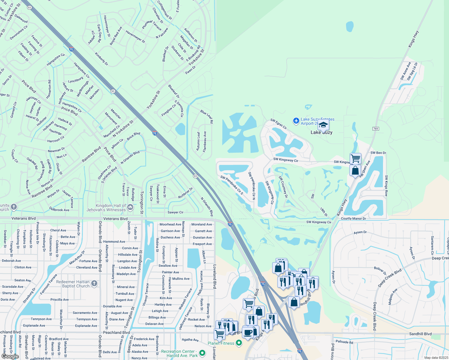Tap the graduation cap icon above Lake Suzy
(x=323, y=125)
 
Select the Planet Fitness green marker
(x=239, y=343)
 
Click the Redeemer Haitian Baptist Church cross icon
(x=94, y=283)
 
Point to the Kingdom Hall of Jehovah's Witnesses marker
(x=130, y=207)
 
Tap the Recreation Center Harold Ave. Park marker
(x=202, y=353)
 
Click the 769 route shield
(x=375, y=129)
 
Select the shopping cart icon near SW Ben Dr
(x=355, y=158)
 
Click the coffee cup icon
(x=248, y=333)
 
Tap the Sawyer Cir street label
(x=175, y=212)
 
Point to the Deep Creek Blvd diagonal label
(x=390, y=278)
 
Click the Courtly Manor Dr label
(x=353, y=218)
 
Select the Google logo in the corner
(x=10, y=356)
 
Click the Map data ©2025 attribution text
(x=436, y=358)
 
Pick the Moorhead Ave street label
(x=170, y=224)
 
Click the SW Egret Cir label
(x=279, y=124)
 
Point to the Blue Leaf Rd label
(x=207, y=117)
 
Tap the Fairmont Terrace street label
(x=49, y=283)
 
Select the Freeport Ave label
(x=202, y=244)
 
